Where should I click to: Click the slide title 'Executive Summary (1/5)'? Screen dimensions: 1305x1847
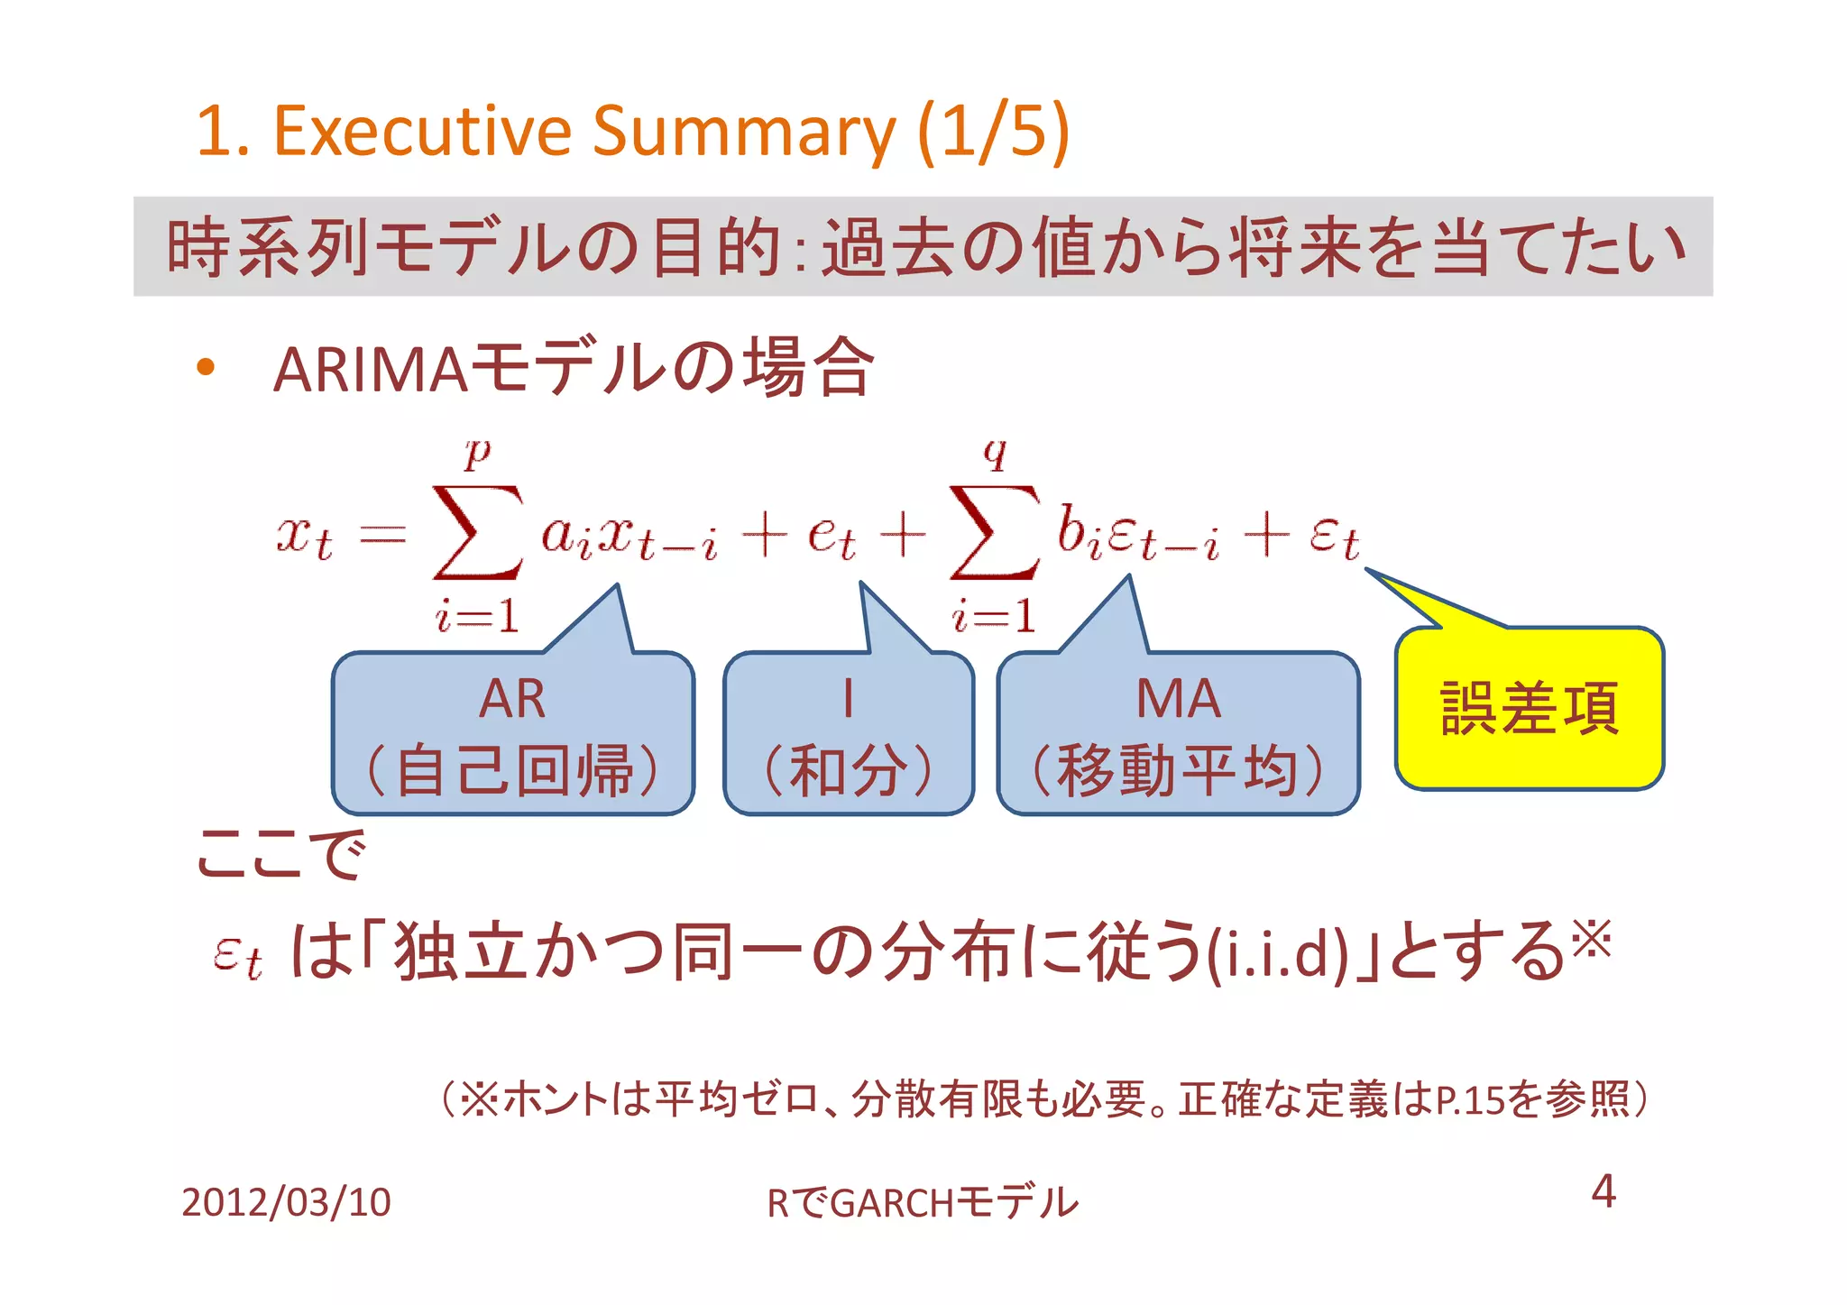point(631,131)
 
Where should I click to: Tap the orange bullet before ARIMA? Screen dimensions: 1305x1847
point(206,366)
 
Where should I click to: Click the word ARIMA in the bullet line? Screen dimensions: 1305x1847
point(370,370)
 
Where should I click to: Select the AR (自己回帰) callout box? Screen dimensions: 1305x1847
point(512,732)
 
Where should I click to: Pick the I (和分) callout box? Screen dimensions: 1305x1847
point(848,732)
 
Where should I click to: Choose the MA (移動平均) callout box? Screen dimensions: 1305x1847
point(1178,732)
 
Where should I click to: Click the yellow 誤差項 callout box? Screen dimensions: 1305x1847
point(1530,708)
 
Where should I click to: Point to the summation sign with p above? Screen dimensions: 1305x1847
point(477,532)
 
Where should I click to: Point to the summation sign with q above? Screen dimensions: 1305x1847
point(994,532)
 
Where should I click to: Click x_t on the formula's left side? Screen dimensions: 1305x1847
point(304,537)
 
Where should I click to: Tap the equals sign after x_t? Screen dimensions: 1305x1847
point(382,537)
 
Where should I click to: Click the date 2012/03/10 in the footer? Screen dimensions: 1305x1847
point(286,1202)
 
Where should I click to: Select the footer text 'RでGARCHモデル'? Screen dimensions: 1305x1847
point(922,1203)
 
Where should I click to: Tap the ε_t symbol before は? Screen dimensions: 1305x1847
point(238,956)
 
